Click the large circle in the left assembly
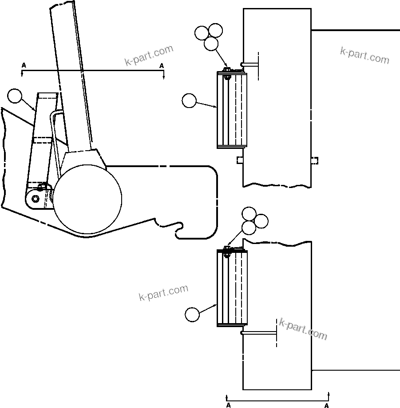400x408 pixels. click(x=88, y=199)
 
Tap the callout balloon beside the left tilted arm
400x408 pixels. click(x=15, y=96)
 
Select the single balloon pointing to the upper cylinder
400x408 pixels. click(x=189, y=101)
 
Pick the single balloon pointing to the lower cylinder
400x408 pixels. click(x=192, y=314)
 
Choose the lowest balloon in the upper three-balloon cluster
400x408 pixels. click(x=211, y=44)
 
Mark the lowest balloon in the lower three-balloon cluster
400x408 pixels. click(x=249, y=228)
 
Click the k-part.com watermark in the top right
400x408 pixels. click(x=364, y=55)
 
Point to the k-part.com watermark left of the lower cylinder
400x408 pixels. click(x=163, y=293)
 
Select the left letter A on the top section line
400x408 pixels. click(x=24, y=65)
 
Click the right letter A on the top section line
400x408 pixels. click(x=162, y=65)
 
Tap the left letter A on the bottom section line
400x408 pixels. click(x=228, y=405)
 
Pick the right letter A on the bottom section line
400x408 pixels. click(x=327, y=405)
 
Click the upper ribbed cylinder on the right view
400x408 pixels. click(x=232, y=110)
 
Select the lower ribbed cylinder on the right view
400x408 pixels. click(x=232, y=288)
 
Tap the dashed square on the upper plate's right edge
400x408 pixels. click(x=314, y=160)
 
